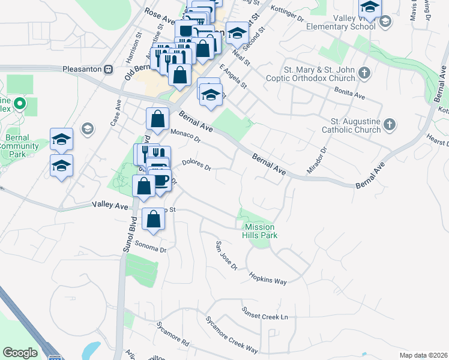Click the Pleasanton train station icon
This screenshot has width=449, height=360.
pyautogui.click(x=109, y=69)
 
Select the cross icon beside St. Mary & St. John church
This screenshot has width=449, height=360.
pyautogui.click(x=364, y=74)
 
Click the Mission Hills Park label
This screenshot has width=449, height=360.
pyautogui.click(x=260, y=231)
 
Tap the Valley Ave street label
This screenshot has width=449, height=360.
pyautogui.click(x=110, y=205)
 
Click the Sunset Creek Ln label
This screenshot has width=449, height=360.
pyautogui.click(x=265, y=313)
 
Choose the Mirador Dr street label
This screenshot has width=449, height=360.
pyautogui.click(x=316, y=161)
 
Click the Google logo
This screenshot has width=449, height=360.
pyautogui.click(x=20, y=352)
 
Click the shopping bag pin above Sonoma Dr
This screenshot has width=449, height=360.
pyautogui.click(x=154, y=218)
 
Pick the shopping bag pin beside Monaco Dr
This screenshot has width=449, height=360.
pyautogui.click(x=157, y=119)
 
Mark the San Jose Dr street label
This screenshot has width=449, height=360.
pyautogui.click(x=227, y=255)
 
